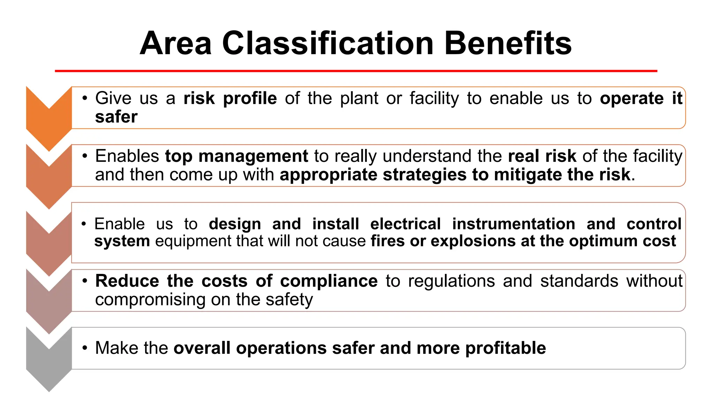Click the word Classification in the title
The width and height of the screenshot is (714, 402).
(328, 43)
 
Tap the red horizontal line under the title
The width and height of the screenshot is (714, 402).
(356, 71)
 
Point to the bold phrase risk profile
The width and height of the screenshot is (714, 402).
(230, 98)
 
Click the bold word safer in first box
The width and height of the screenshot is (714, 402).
(116, 117)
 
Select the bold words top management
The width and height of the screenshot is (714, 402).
(236, 156)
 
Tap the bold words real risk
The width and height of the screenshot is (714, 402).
(542, 156)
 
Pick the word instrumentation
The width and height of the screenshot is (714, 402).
(514, 224)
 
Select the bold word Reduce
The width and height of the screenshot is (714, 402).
(127, 281)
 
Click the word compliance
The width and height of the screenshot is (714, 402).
(328, 281)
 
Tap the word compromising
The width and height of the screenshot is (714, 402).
(150, 300)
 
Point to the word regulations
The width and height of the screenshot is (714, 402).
(451, 281)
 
